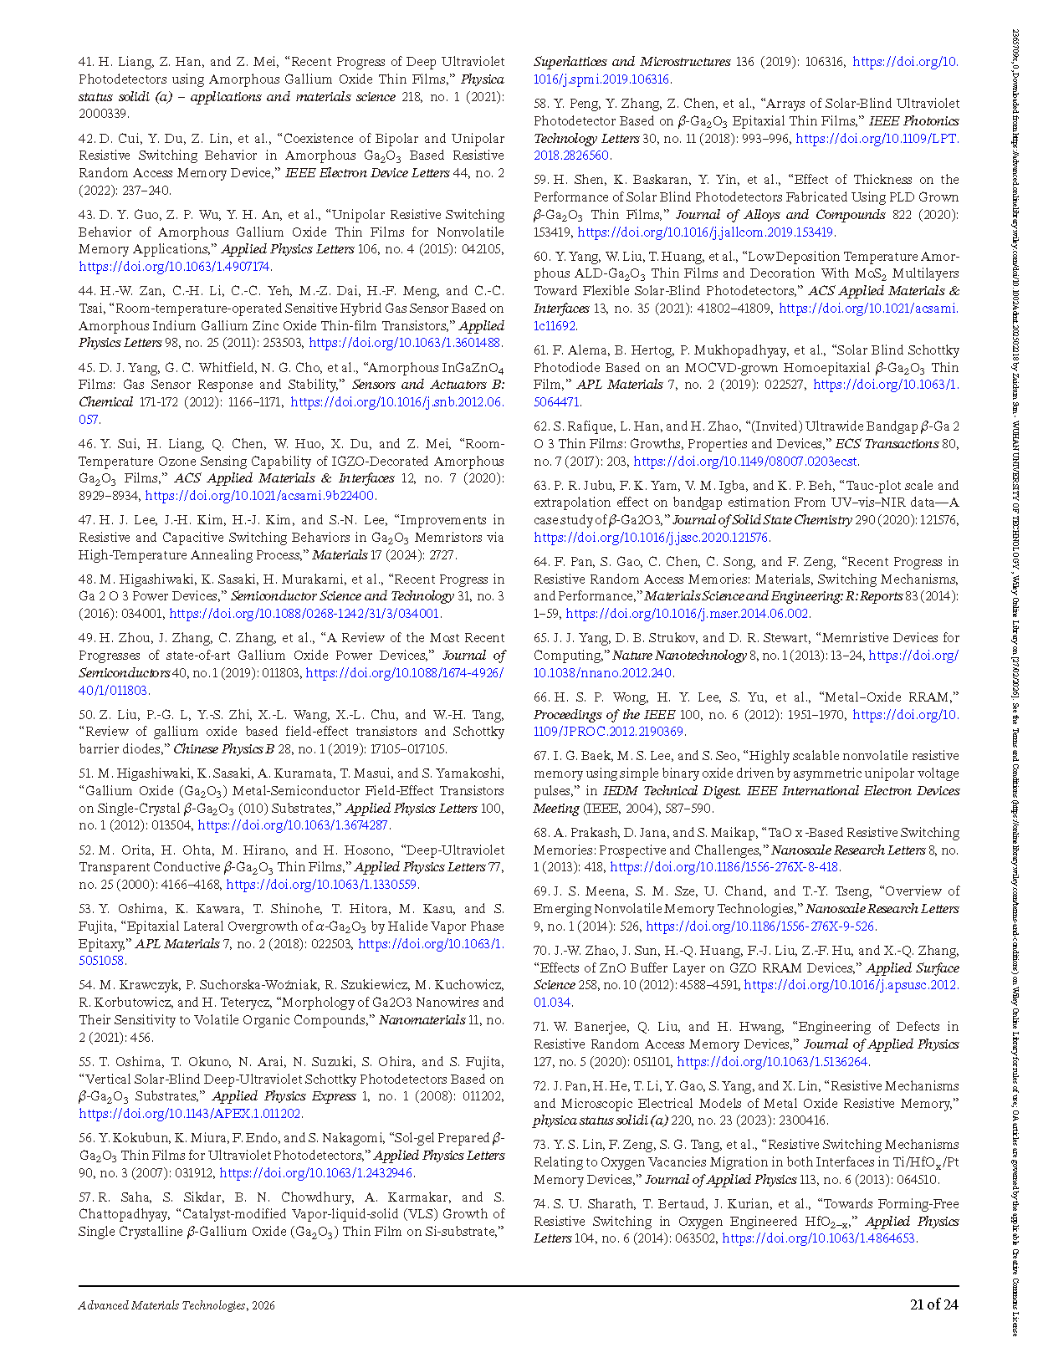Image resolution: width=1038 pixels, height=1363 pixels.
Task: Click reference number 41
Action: click(86, 62)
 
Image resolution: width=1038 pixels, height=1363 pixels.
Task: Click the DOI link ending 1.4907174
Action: click(174, 267)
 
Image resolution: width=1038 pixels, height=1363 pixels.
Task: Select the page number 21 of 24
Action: click(933, 1304)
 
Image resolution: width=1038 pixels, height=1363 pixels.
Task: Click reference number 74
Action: click(541, 1204)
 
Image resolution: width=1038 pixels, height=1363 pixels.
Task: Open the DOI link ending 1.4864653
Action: click(819, 1238)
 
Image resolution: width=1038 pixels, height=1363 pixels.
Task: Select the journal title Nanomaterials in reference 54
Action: click(422, 1020)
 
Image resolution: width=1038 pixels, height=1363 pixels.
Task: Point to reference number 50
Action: click(86, 715)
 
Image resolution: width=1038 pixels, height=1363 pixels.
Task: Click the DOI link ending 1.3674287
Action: click(294, 825)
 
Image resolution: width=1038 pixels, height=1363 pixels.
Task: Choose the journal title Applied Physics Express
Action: click(284, 1096)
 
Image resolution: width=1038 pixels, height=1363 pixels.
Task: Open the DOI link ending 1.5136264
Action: click(773, 1062)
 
